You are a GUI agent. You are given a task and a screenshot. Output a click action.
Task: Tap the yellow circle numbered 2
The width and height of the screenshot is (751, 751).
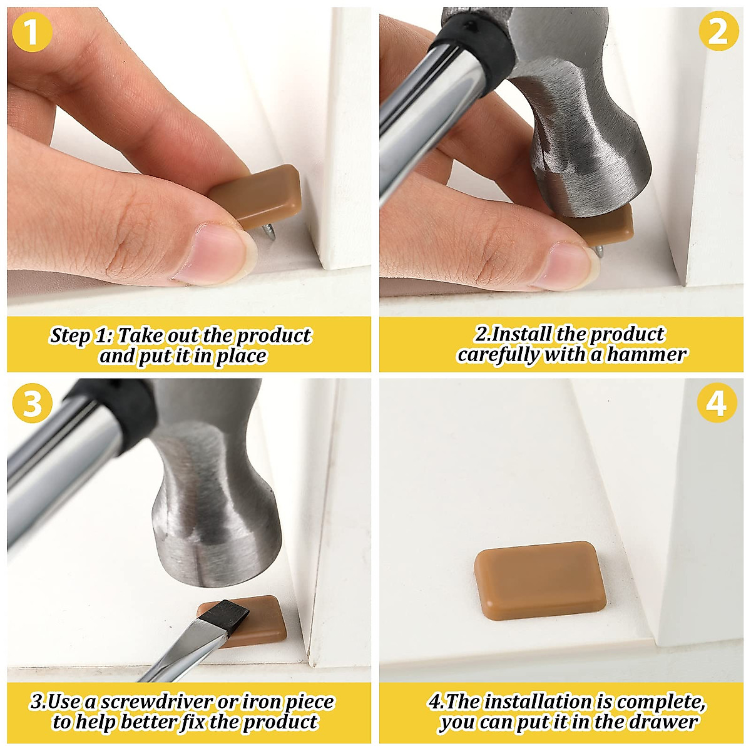coord(718,31)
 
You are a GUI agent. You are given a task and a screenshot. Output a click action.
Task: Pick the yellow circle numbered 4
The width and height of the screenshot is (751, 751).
coord(716,404)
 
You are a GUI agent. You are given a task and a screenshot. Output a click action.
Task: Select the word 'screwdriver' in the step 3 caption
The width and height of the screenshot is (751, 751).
coord(156,702)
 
